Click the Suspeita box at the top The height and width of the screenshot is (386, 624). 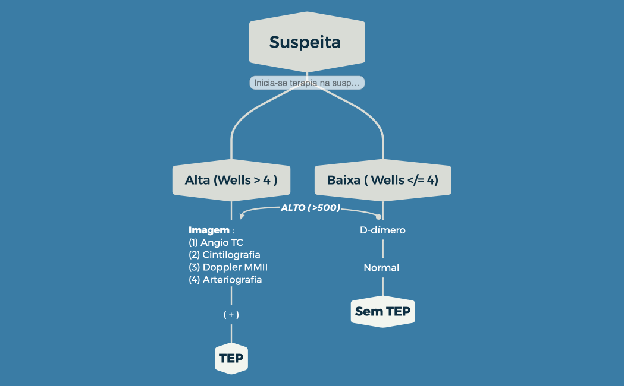tap(306, 42)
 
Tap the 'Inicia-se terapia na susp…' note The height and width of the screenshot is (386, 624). tap(306, 83)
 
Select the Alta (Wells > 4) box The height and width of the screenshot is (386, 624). tap(231, 179)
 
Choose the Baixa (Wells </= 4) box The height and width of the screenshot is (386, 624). tap(382, 179)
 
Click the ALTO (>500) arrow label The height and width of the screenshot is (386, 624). tap(310, 208)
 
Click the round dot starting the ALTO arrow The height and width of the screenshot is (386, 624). tap(378, 216)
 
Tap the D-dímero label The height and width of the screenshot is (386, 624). tap(382, 230)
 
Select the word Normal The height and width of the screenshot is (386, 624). tap(381, 268)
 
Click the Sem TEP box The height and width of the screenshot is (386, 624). tap(382, 311)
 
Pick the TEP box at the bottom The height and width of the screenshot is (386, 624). tap(231, 359)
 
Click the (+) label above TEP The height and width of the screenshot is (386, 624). tap(231, 315)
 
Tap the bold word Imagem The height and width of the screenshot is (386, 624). tap(209, 230)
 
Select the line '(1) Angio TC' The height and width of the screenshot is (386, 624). tap(216, 242)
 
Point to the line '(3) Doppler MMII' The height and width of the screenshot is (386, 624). tap(224, 267)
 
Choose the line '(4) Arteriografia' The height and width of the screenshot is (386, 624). tap(225, 280)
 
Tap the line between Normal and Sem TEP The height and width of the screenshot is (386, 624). tap(382, 286)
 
